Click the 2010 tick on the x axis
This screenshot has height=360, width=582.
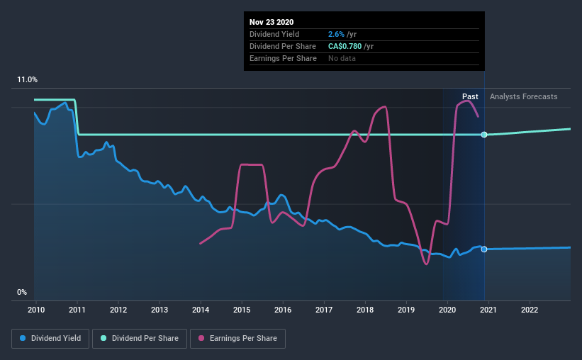tap(36, 310)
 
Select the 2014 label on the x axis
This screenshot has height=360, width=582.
tap(201, 310)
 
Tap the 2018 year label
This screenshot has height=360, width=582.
tap(365, 310)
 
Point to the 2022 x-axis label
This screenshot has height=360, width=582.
tap(530, 310)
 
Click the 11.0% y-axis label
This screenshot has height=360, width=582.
tap(27, 80)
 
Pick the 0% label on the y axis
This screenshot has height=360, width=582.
tap(22, 292)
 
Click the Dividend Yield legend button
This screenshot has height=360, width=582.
tap(50, 339)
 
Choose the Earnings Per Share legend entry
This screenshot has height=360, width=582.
tap(237, 339)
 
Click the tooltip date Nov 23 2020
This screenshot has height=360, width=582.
tap(272, 22)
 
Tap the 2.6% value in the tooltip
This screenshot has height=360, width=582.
tap(337, 34)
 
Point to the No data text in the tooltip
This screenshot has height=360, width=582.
tap(342, 58)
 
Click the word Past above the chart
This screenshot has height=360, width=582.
tap(470, 96)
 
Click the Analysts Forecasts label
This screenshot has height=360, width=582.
tap(523, 96)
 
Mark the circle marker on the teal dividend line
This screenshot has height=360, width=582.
tap(484, 135)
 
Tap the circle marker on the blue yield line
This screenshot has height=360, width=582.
tap(484, 249)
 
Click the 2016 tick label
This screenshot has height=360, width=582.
tap(283, 310)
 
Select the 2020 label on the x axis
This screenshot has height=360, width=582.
tap(447, 310)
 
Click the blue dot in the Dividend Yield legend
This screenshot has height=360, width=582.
tap(23, 339)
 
